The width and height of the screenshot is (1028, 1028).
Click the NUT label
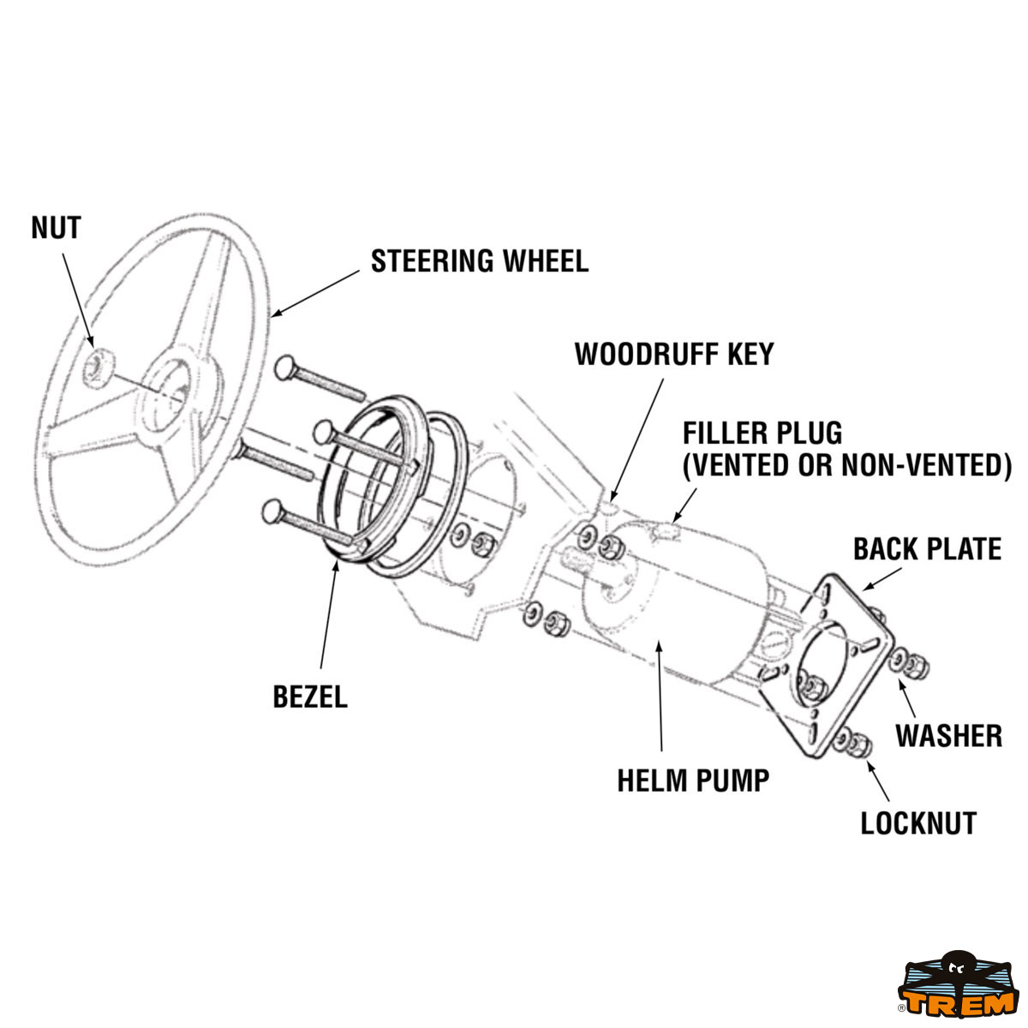point(56,229)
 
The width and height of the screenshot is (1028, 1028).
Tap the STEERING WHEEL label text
point(479,261)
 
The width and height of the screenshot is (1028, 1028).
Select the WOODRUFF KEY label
point(673,354)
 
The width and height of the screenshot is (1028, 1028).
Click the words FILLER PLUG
point(762,433)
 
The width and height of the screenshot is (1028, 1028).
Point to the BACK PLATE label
point(927,549)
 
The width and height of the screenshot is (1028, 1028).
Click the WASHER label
point(948,735)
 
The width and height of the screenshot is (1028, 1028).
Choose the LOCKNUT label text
point(918,823)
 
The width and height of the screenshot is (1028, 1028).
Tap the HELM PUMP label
point(693,780)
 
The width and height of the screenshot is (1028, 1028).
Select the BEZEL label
point(310,697)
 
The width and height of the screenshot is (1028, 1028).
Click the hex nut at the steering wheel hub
point(97,367)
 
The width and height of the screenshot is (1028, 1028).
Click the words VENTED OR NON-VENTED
point(847,465)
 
